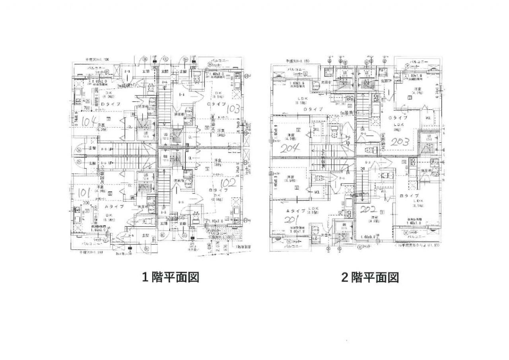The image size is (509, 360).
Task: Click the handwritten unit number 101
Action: pos(84,193)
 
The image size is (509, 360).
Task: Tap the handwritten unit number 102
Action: pos(228,183)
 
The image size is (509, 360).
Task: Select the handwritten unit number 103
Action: pos(233,109)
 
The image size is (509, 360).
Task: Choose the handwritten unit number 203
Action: pos(401,142)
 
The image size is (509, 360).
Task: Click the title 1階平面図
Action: pos(171,277)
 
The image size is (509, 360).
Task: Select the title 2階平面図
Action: pos(370,277)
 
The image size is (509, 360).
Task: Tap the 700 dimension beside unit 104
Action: pos(86,108)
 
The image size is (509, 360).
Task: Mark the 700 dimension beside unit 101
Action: pos(85,203)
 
